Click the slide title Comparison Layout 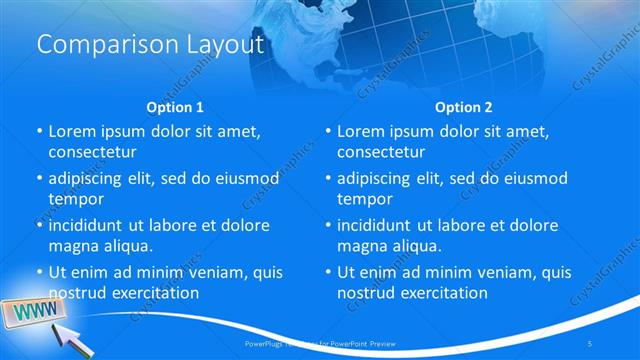[150, 45]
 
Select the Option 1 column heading [175, 107]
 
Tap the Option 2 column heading [463, 107]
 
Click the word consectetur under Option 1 [93, 152]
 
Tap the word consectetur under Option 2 [381, 152]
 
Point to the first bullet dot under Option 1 [40, 131]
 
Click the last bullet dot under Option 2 [328, 272]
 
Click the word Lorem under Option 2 [360, 131]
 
